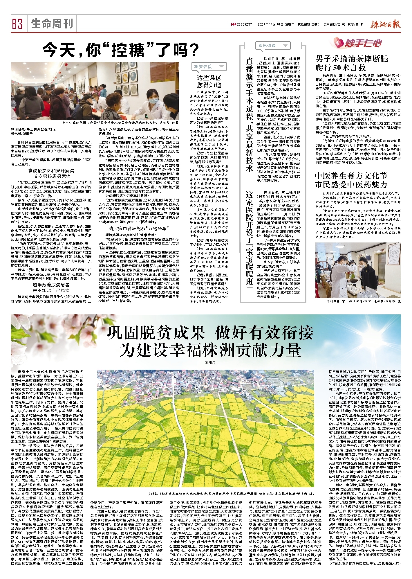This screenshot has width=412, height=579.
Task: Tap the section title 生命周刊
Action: coord(52,24)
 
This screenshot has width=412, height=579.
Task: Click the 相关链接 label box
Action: coord(208,67)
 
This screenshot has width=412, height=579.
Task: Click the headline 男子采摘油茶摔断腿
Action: coord(351,59)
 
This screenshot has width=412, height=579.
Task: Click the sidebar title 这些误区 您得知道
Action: coord(209,81)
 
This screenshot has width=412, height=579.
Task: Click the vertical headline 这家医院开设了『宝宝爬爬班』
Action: coord(249,241)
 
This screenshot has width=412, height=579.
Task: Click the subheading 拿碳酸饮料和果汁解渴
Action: coord(51,170)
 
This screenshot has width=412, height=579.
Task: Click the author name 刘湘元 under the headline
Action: coord(210,362)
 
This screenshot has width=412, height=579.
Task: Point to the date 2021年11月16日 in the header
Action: coord(270,25)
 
